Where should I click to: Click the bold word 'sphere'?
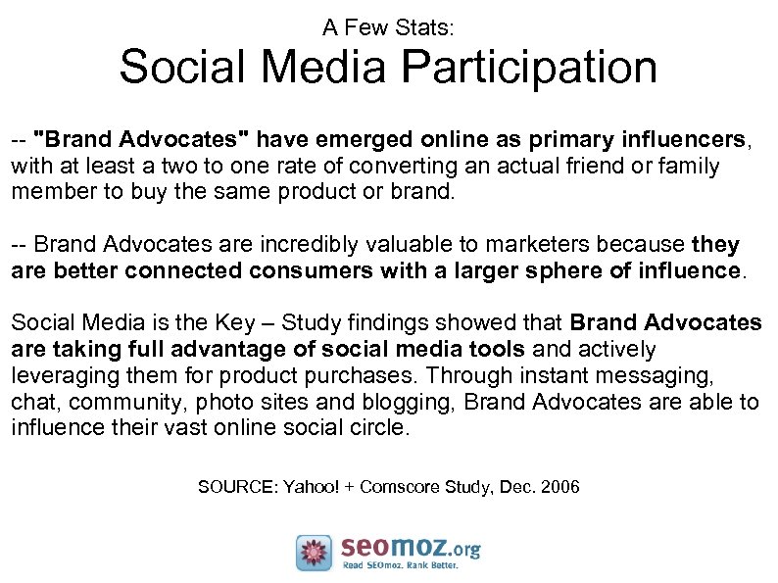tap(555, 270)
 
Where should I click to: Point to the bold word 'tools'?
tap(502, 350)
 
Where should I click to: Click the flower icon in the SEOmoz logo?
tap(315, 553)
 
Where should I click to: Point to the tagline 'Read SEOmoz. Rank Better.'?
tap(411, 564)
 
